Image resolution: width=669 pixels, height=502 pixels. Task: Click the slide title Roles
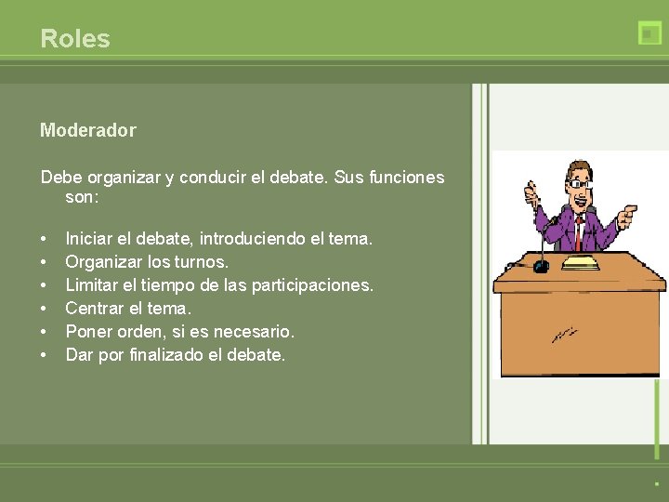tap(75, 39)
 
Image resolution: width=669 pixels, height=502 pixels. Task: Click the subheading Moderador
tap(87, 130)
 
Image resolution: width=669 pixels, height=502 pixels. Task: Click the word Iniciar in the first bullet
tap(89, 239)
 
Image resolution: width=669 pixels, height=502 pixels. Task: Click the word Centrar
tap(96, 309)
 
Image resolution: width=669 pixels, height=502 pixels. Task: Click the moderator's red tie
tap(577, 231)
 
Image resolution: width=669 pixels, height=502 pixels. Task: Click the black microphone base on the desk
tap(540, 267)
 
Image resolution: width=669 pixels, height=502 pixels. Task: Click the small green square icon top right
tap(649, 33)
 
